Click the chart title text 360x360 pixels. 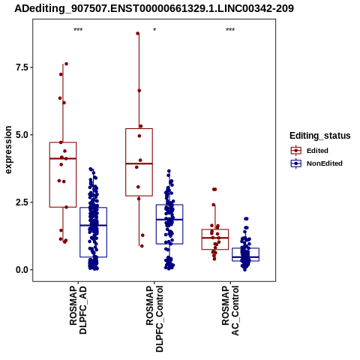154,8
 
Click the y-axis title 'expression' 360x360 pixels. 8,150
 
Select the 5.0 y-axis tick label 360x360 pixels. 21,135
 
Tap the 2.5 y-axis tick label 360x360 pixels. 21,202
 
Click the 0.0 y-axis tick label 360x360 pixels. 21,270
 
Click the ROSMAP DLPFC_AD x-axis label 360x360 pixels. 78,310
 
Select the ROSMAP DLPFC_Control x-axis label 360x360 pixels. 154,319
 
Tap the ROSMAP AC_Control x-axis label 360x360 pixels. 230,310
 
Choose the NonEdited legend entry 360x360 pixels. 316,163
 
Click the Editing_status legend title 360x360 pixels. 320,136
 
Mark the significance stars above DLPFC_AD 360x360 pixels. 78,29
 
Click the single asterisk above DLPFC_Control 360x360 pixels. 154,29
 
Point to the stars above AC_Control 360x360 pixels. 230,29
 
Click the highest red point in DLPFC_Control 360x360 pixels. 137,33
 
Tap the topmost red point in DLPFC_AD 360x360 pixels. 66,64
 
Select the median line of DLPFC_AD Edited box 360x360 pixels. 63,158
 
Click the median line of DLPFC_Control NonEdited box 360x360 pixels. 169,220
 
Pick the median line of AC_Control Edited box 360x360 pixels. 215,238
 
